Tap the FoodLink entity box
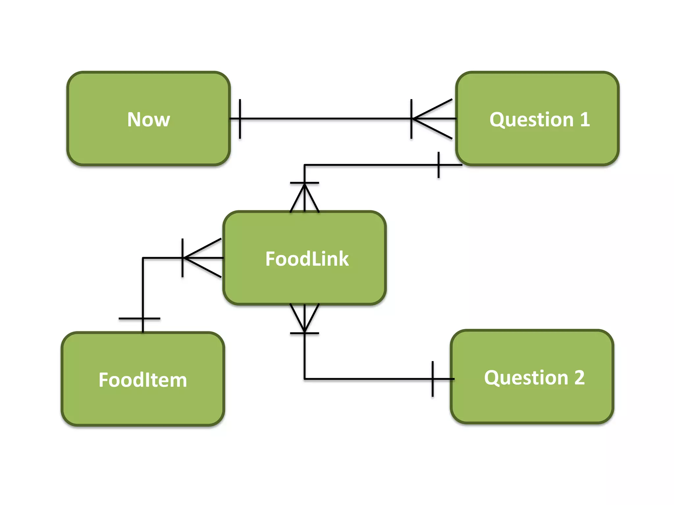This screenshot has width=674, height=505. pos(304,283)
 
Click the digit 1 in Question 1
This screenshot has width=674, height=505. pos(584,119)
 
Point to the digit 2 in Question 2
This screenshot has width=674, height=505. pos(580,377)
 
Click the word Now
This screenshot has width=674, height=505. pos(148,119)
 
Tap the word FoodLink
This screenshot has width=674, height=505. pos(307,259)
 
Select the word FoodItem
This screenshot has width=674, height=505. pos(143,380)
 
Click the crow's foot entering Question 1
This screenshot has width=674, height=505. pos(433,119)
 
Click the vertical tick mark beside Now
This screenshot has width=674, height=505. pos(240,119)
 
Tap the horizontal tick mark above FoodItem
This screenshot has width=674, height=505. pos(140,318)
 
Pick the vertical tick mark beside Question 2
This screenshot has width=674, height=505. pos(432,379)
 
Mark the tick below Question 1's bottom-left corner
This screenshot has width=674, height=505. pos(438,165)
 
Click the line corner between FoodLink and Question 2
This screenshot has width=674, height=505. pos(305,379)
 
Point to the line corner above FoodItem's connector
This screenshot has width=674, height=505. pos(143,258)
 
